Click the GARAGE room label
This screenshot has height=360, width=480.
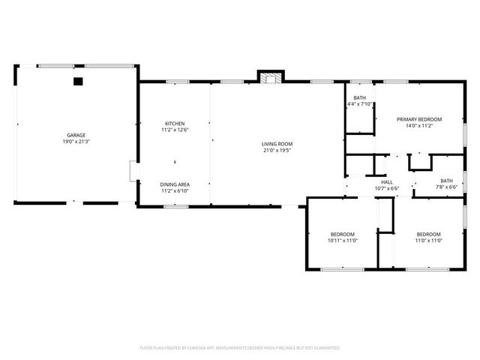[76, 135]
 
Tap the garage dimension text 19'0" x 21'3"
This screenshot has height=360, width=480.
[76, 142]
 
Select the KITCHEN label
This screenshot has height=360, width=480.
[175, 123]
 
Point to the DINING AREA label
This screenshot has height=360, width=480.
[175, 184]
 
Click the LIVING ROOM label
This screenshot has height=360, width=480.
[277, 143]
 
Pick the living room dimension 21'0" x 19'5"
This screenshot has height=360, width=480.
[277, 150]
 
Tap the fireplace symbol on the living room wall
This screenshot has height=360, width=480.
[271, 76]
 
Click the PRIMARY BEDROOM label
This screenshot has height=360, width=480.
[419, 119]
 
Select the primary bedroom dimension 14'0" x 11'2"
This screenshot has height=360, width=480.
[419, 126]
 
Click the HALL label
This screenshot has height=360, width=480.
[387, 181]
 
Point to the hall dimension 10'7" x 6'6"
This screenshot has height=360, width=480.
[387, 188]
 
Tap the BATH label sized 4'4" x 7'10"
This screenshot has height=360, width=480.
[360, 97]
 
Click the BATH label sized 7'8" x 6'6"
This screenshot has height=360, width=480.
[447, 180]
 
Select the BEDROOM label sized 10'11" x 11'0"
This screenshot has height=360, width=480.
[342, 234]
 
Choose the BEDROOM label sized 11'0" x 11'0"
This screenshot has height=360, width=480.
[428, 234]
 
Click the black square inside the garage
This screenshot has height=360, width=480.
[77, 80]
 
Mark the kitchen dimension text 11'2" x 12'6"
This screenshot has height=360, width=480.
[175, 130]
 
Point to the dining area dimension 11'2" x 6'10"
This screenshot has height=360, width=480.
[175, 190]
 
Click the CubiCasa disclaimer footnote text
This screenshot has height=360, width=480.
[240, 348]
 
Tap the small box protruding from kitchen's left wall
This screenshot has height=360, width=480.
[133, 171]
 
